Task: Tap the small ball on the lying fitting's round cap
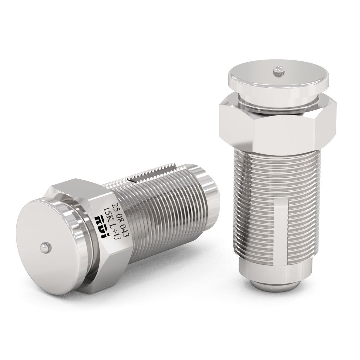45,245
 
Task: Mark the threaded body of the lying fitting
160,202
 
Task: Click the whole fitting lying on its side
119,219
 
